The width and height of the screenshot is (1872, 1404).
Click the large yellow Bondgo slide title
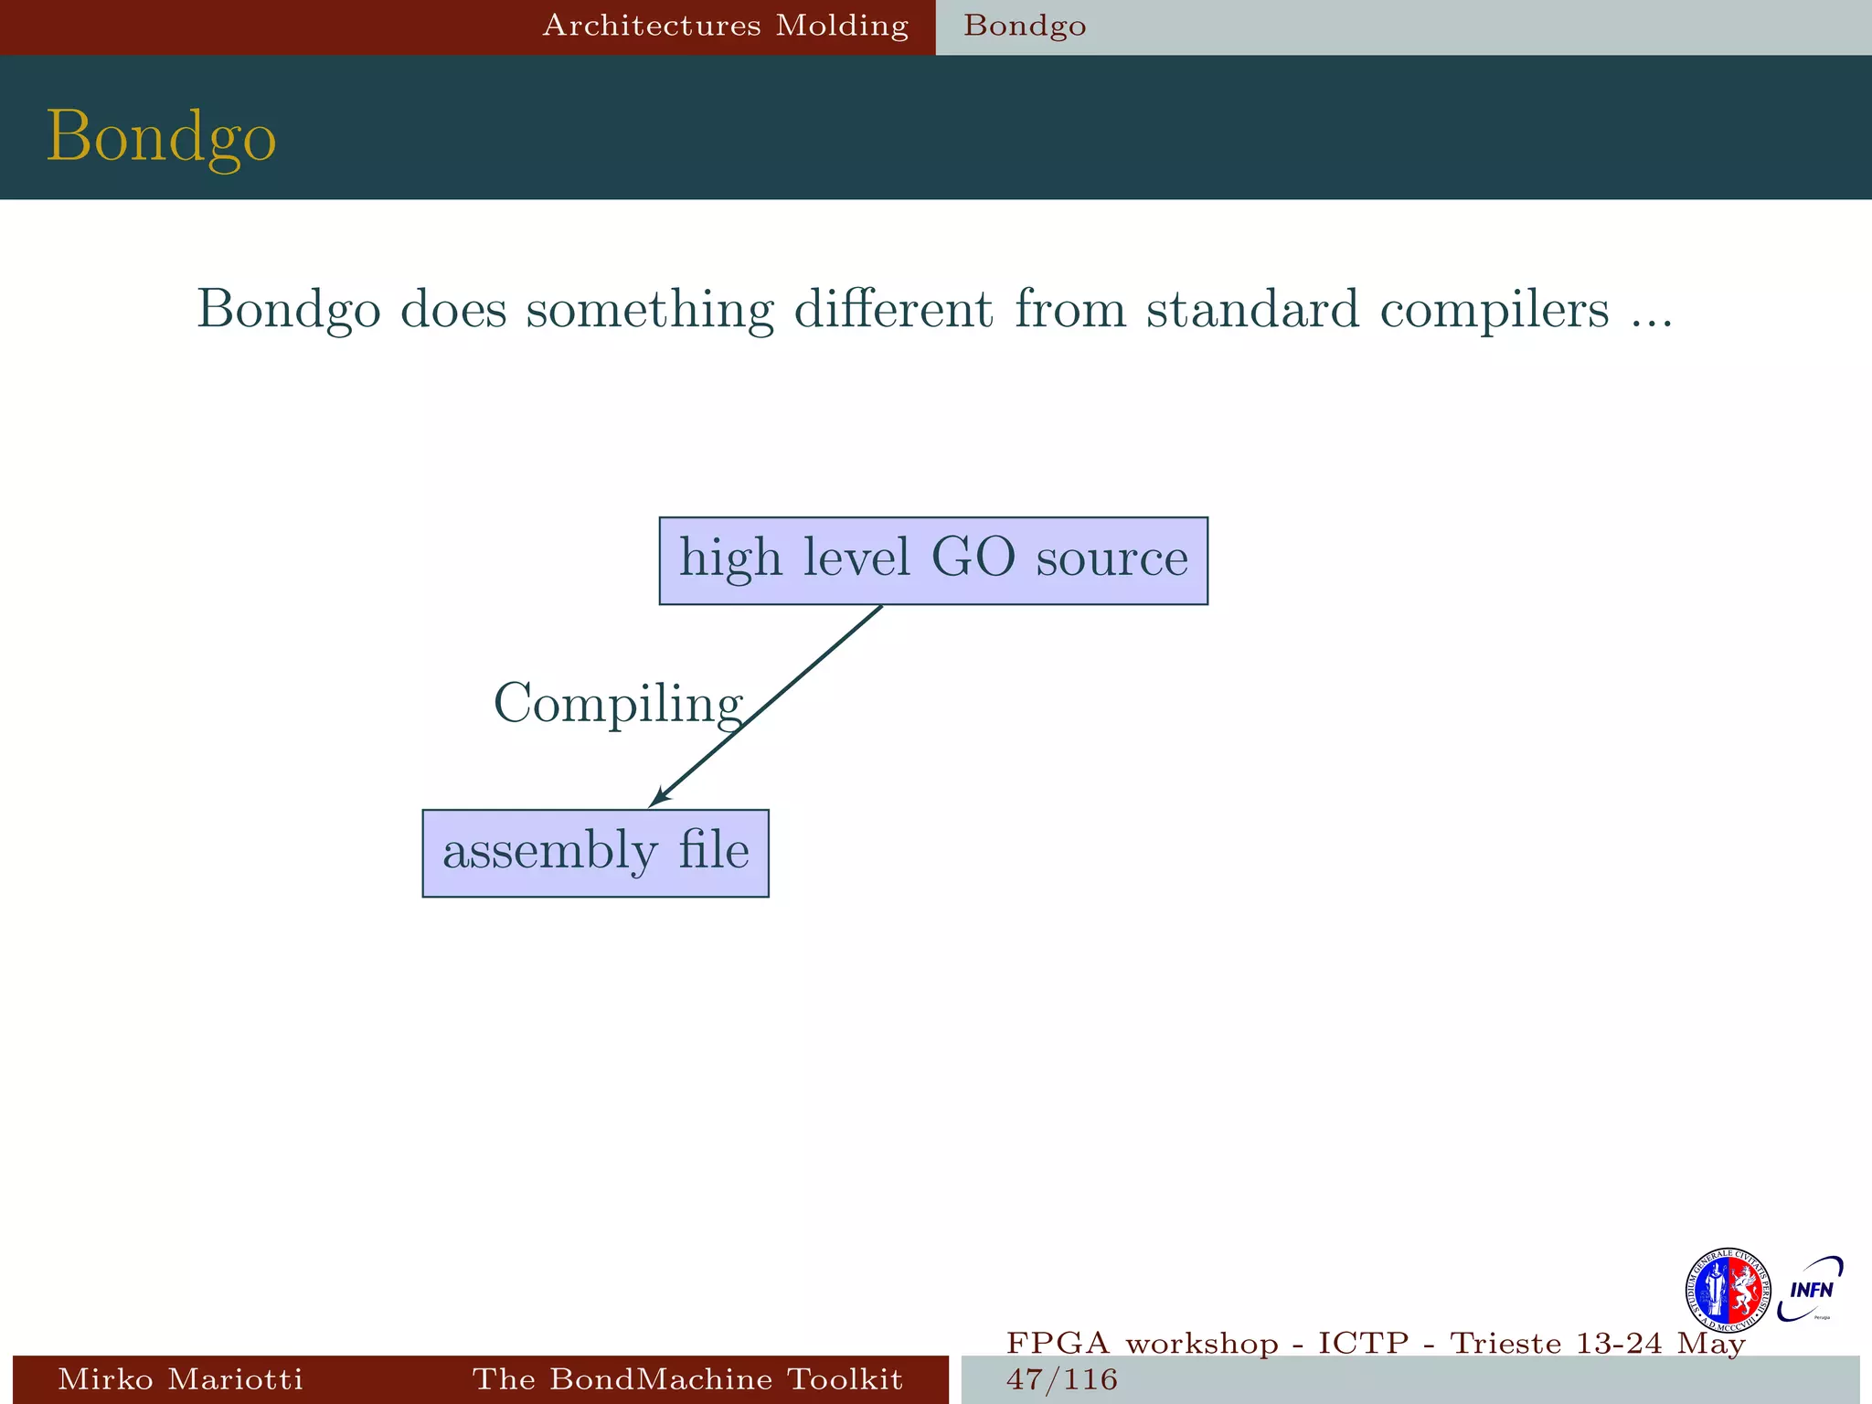161,136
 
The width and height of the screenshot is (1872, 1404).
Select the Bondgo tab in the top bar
1025,26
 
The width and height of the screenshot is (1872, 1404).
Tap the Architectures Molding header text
726,26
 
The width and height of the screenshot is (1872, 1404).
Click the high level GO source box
933,560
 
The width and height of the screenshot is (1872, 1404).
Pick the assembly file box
595,853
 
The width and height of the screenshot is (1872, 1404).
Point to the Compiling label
618,704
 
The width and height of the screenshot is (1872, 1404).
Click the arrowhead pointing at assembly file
659,797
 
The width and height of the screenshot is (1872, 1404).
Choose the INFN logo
1811,1290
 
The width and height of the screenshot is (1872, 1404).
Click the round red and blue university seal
1727,1290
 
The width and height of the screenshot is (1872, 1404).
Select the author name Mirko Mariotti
180,1378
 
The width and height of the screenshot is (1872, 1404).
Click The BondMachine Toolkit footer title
687,1378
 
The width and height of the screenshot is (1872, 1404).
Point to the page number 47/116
1062,1378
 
